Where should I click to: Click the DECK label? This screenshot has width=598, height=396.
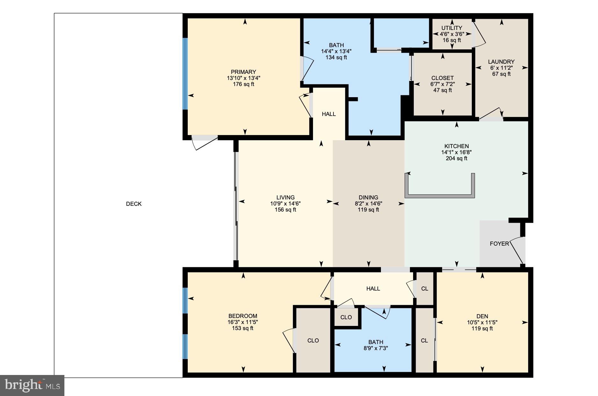[x=134, y=204]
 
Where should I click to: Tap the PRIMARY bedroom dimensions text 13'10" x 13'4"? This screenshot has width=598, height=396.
[x=244, y=78]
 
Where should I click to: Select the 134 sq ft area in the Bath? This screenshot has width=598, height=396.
[x=336, y=57]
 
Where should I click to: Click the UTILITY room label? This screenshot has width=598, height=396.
[x=452, y=28]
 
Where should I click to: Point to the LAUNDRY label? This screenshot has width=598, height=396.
[x=501, y=62]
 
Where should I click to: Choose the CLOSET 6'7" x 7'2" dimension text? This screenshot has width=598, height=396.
[x=442, y=84]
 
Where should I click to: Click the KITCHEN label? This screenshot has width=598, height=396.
[x=456, y=146]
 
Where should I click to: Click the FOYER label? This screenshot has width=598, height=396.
[x=499, y=244]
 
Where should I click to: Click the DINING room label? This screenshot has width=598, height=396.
[x=368, y=198]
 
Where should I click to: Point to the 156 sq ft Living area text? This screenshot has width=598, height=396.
[x=285, y=210]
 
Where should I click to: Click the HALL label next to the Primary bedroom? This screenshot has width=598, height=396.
[x=329, y=114]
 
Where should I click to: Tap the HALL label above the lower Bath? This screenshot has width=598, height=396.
[x=373, y=289]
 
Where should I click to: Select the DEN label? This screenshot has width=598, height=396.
[x=482, y=316]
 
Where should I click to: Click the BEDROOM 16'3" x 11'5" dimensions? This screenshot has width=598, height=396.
[x=243, y=322]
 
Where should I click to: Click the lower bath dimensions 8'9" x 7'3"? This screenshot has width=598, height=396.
[x=376, y=348]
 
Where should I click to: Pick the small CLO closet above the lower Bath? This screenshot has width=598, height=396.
[x=346, y=317]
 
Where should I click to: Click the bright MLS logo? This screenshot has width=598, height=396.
[x=32, y=385]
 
